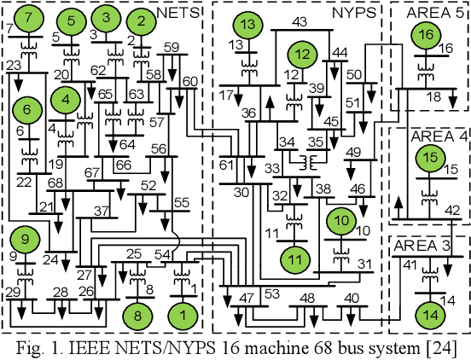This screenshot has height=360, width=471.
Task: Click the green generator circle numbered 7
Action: click(x=32, y=18)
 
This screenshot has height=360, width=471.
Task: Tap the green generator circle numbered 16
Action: click(x=426, y=35)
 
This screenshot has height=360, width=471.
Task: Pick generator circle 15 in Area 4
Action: click(x=431, y=159)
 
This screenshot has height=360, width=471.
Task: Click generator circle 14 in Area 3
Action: click(x=429, y=314)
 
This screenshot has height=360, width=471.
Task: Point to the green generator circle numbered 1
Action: click(x=181, y=314)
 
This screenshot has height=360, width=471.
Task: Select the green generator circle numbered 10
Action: click(x=343, y=222)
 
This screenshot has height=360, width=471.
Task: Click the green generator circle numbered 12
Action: click(x=301, y=55)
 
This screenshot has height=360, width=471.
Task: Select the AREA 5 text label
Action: click(x=430, y=13)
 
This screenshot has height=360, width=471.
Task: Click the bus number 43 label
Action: click(x=299, y=21)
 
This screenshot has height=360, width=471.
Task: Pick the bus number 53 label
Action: click(x=272, y=294)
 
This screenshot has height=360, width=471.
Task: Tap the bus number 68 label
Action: click(x=55, y=183)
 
